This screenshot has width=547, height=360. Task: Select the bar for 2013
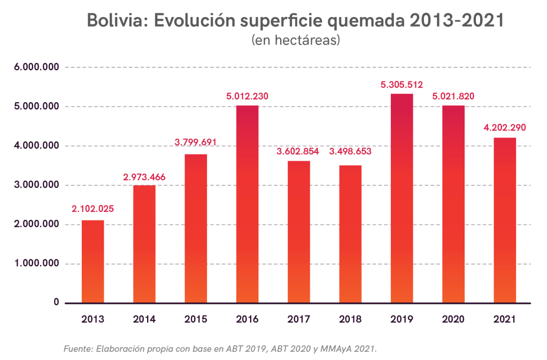point(93,262)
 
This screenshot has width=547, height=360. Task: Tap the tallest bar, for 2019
point(402,198)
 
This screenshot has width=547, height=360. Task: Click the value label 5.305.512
point(402,85)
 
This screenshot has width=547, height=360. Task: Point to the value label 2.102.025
point(93,209)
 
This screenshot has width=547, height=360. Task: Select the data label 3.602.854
point(298,151)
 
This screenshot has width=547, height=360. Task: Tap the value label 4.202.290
point(505,128)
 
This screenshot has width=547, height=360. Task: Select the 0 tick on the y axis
point(56,303)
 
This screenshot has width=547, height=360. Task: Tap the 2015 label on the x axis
point(196,319)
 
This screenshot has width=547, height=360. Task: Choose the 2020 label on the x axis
point(453,319)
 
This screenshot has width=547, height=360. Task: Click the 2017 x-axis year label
point(298,319)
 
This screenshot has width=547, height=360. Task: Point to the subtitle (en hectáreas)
point(296,40)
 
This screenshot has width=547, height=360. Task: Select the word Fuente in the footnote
point(78,349)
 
